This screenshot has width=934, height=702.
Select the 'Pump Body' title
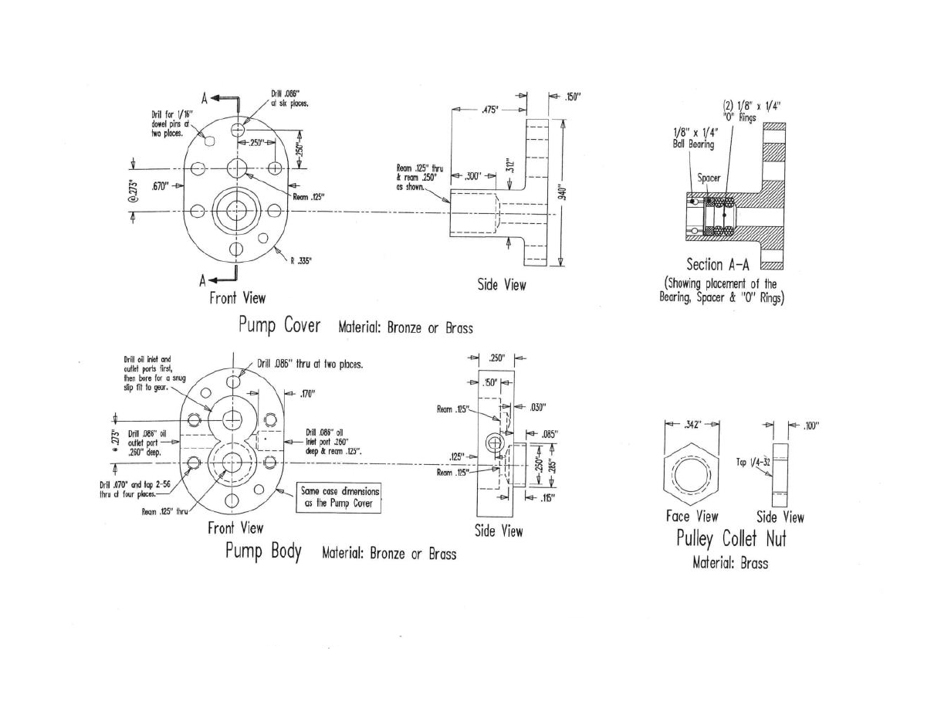[x=262, y=553]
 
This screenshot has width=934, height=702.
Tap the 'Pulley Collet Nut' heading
[x=730, y=538]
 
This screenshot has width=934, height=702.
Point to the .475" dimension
[x=489, y=110]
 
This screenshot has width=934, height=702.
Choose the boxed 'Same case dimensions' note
[x=340, y=499]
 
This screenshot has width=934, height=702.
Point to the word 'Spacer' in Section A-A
[x=709, y=178]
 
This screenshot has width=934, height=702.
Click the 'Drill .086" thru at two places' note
[x=308, y=364]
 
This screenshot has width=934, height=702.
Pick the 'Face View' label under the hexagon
[x=692, y=517]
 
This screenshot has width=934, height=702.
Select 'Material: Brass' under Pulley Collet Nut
[x=730, y=563]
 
